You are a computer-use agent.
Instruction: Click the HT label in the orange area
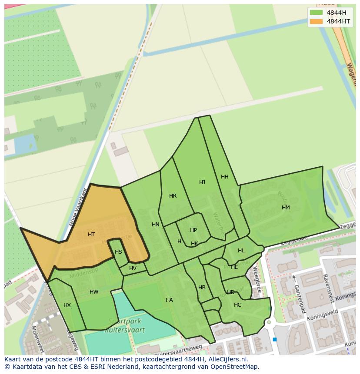pyautogui.click(x=91, y=235)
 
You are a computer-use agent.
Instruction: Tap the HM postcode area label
pyautogui.click(x=286, y=208)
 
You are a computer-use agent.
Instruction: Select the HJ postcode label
pyautogui.click(x=202, y=182)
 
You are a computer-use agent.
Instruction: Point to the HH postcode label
pyautogui.click(x=225, y=177)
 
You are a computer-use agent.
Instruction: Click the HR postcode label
pyautogui.click(x=173, y=196)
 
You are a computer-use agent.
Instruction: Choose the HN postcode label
pyautogui.click(x=156, y=225)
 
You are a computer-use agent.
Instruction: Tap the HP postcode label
pyautogui.click(x=193, y=230)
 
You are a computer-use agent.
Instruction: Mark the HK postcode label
pyautogui.click(x=194, y=244)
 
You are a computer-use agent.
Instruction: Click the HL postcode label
pyautogui.click(x=241, y=251)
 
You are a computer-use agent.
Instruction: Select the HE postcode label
pyautogui.click(x=234, y=267)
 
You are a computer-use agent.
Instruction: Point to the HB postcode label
pyautogui.click(x=202, y=288)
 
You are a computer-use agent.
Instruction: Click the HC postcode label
pyautogui.click(x=237, y=305)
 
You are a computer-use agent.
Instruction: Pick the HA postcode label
pyautogui.click(x=169, y=300)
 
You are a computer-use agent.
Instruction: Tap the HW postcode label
pyautogui.click(x=94, y=292)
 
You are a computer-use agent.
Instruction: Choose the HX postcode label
pyautogui.click(x=67, y=305)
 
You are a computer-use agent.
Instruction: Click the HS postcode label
pyautogui.click(x=118, y=252)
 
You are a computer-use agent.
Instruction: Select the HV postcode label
pyautogui.click(x=133, y=268)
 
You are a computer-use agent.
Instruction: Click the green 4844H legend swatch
pyautogui.click(x=317, y=13)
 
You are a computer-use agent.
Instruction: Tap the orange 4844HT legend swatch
pyautogui.click(x=317, y=21)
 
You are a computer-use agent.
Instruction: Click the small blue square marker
pyautogui.click(x=275, y=339)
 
